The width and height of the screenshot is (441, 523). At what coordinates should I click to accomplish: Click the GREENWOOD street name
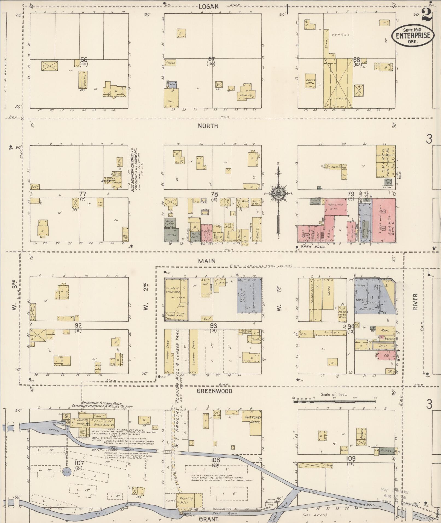point(214,391)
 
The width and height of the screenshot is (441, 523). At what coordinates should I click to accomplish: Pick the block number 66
point(84,60)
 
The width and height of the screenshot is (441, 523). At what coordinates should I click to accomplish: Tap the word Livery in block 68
point(338,98)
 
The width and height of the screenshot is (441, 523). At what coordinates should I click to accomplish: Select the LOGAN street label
point(209,7)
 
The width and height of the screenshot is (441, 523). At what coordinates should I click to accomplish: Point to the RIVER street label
point(415,302)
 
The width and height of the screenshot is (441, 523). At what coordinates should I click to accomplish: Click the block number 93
point(214,325)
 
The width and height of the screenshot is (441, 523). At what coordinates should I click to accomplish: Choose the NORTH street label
point(208,126)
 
